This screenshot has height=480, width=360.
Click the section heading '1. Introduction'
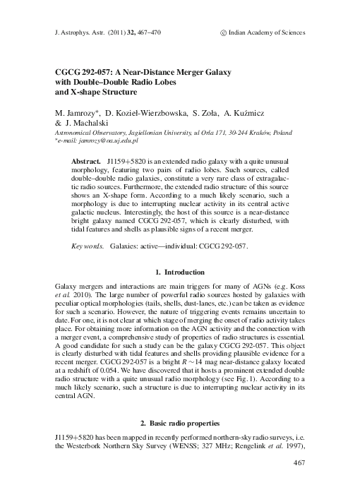(179, 272)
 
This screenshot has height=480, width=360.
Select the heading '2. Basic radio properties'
(179, 422)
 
